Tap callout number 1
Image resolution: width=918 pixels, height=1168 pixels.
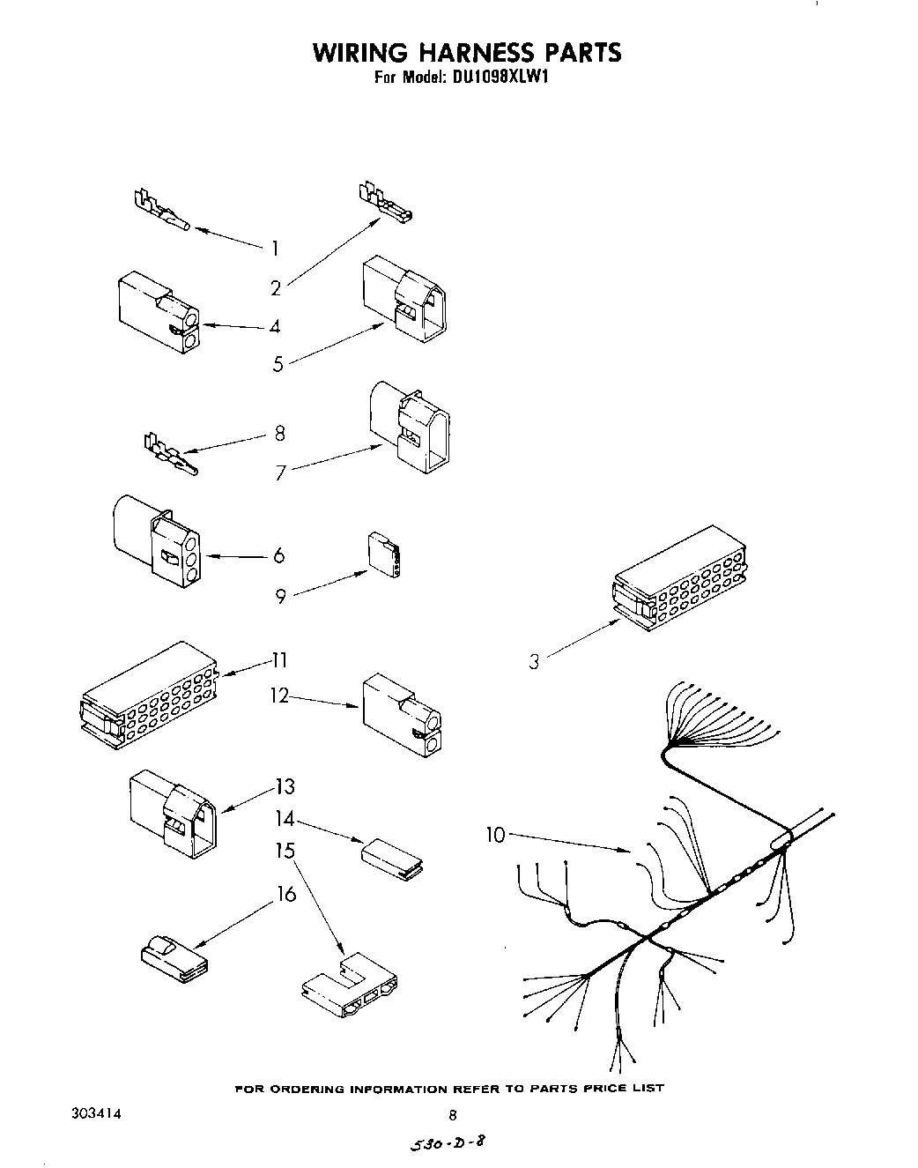275,248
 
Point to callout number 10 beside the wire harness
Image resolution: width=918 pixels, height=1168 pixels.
496,833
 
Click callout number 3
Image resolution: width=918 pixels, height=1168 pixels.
534,660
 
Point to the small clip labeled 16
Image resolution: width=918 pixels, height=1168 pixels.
174,958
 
